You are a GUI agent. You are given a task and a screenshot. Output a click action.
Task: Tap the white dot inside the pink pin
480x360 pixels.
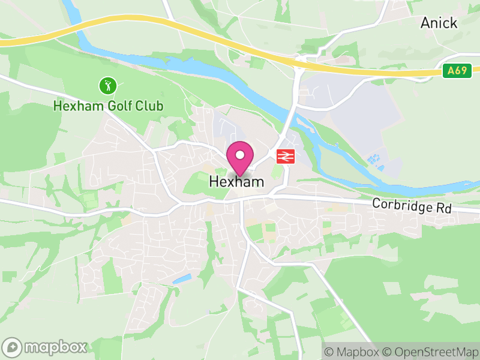240,155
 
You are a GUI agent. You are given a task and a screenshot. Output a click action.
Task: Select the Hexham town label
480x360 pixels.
236,181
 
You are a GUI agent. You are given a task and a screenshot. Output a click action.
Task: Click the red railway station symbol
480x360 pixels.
284,157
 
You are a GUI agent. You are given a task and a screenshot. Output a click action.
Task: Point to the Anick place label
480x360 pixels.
439,23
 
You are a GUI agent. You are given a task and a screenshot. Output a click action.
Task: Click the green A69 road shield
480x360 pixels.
456,71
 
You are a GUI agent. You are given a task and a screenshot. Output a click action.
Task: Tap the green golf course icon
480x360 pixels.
108,86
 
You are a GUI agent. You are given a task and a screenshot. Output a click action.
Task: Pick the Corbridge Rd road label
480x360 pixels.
411,205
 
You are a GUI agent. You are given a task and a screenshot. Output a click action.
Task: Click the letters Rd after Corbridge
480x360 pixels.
443,208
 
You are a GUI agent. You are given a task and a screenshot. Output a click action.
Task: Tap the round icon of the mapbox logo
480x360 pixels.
12,347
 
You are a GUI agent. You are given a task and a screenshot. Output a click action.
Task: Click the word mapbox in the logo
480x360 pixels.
55,347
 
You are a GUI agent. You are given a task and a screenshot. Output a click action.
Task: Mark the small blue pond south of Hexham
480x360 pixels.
182,279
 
